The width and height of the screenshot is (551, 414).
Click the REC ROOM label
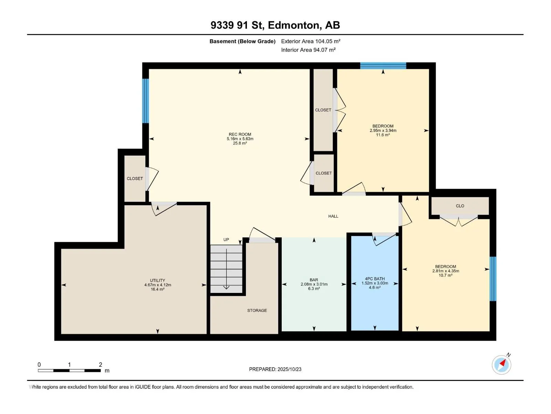(240, 134)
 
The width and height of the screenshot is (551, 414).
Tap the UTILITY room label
(157, 280)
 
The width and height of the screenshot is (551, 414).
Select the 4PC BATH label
(375, 278)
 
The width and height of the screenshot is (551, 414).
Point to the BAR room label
(314, 280)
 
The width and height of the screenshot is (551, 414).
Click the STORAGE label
(257, 310)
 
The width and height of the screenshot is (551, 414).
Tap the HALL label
(333, 216)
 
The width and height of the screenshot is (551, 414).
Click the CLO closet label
(460, 206)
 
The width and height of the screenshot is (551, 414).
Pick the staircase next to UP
(226, 269)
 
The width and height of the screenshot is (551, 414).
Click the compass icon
(501, 365)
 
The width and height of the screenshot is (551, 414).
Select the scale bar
(69, 370)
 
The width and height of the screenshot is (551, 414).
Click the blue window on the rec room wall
(145, 101)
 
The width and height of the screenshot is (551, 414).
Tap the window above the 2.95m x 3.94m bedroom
(383, 66)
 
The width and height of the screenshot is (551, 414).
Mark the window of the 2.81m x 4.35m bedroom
(493, 278)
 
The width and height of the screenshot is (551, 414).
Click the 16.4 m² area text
(158, 289)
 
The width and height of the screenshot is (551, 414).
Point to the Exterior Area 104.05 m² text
(311, 41)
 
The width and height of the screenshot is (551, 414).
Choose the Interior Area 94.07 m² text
(308, 50)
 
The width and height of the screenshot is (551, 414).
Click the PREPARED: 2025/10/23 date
(275, 369)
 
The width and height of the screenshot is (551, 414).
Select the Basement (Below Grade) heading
(242, 41)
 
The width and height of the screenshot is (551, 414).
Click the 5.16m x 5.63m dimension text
(240, 139)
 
